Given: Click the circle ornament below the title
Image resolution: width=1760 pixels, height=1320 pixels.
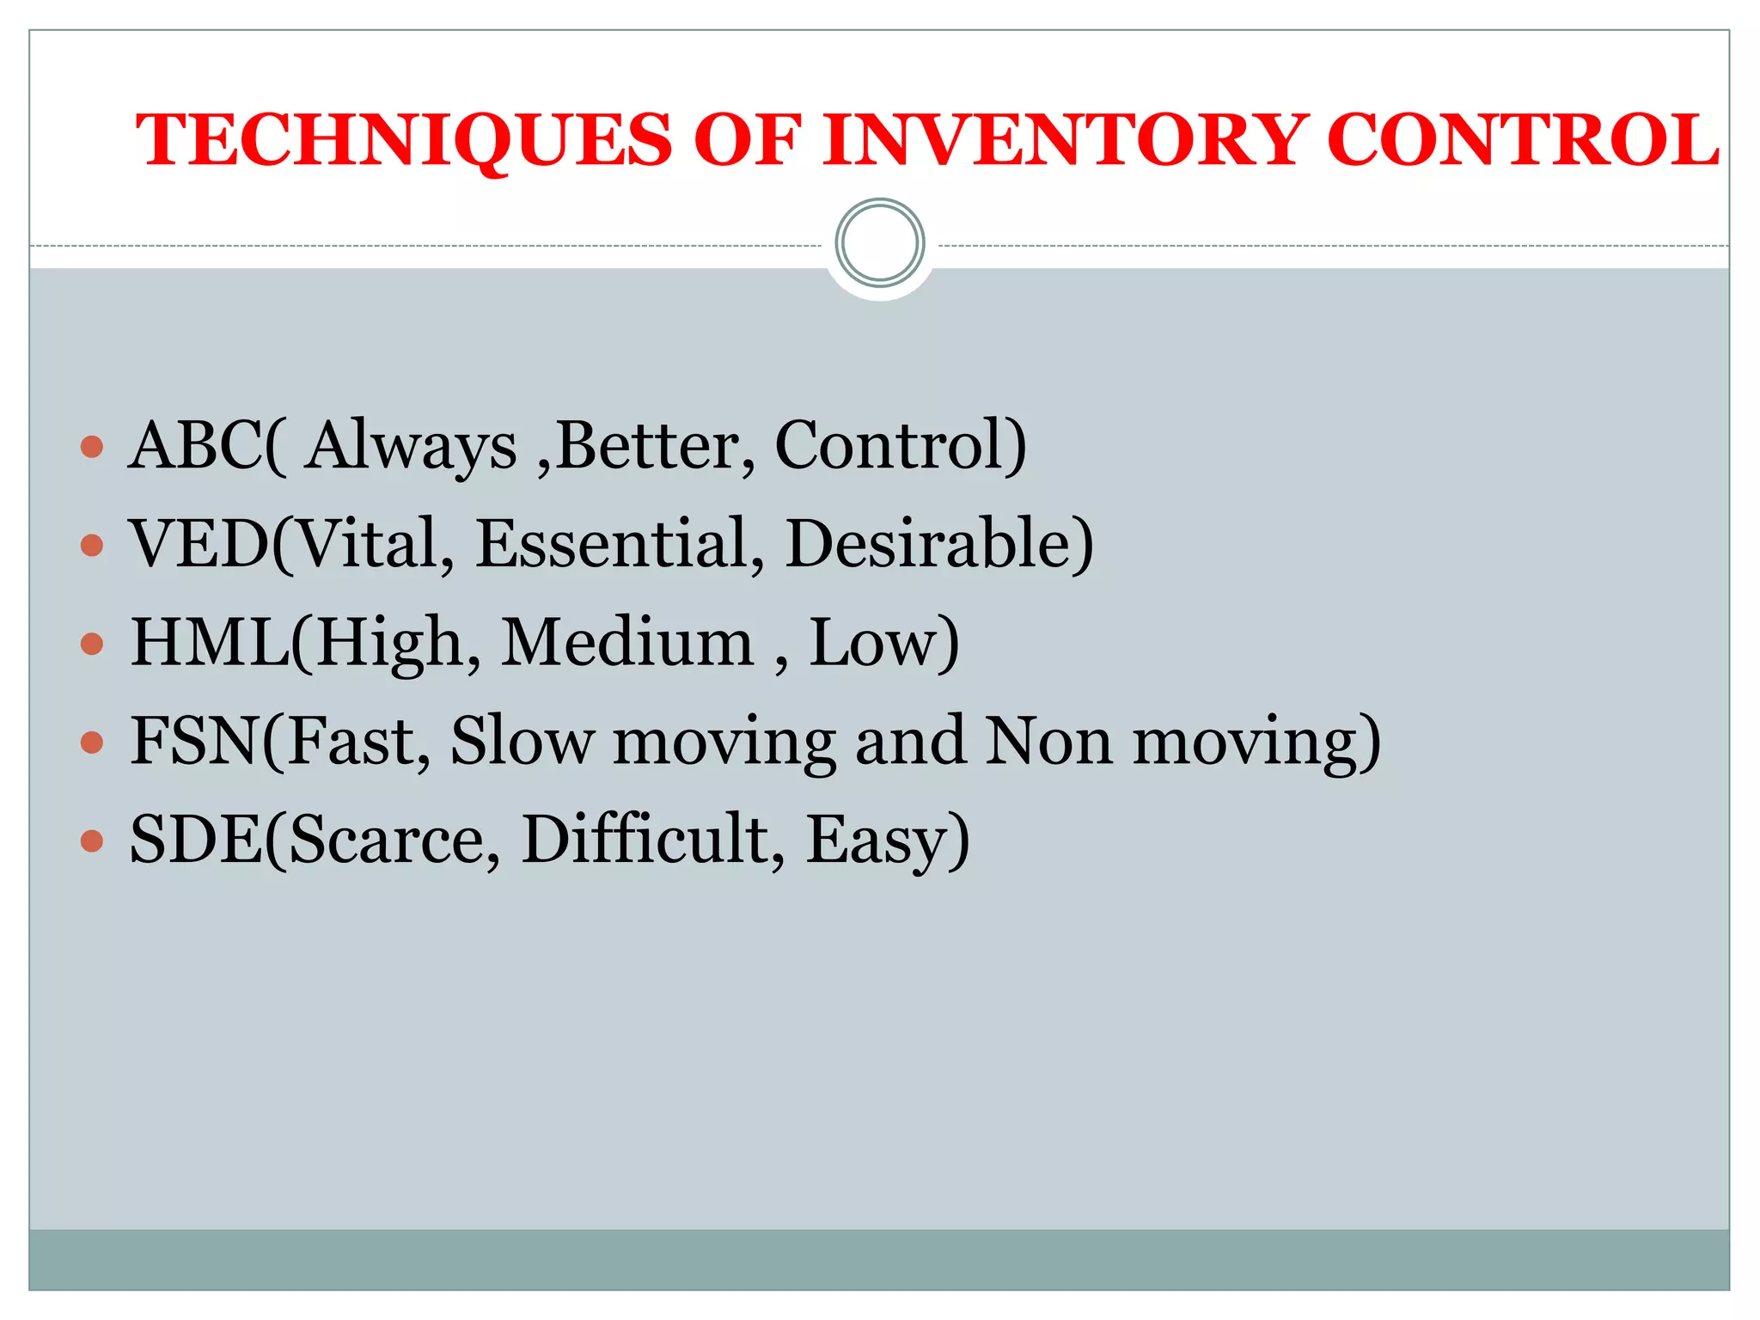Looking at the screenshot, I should point(879,243).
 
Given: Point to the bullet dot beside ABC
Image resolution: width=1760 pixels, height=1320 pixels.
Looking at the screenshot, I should point(92,447).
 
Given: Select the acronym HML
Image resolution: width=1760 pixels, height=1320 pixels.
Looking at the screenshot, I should point(210,642).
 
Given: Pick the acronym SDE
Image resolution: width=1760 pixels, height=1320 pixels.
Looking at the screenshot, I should point(196,839).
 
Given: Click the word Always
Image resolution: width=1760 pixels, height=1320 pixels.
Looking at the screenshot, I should point(412,447).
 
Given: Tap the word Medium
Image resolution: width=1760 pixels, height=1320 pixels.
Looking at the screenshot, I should point(627,642).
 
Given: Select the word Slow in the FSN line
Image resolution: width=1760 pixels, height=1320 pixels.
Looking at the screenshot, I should point(522,740).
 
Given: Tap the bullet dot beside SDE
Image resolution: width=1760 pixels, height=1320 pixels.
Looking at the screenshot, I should point(92,840).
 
